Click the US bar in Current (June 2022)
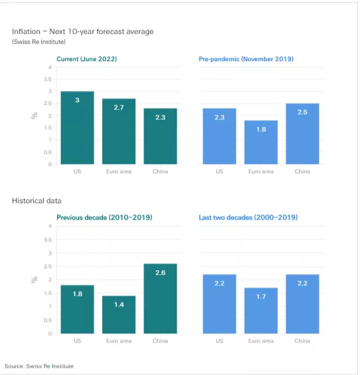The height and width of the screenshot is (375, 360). pos(77,128)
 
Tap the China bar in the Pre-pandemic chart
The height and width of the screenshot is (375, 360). pos(302,134)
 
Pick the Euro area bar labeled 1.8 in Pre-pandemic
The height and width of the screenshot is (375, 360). pos(261,142)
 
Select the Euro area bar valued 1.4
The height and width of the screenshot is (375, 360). pos(119,315)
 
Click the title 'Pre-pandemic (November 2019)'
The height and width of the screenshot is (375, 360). pos(246,59)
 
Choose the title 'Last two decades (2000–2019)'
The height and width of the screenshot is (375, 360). pos(248,217)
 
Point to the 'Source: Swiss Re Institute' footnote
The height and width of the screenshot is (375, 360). pos(39,366)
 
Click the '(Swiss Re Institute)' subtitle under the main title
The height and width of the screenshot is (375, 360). pos(34,42)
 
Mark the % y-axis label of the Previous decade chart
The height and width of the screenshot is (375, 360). pos(34,280)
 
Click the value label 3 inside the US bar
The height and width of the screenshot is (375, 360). pos(77,100)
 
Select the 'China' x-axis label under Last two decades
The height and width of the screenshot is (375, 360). pos(302,340)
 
